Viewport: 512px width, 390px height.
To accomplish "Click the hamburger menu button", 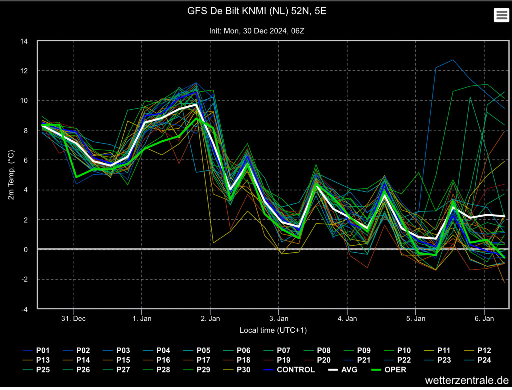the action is click(501, 15).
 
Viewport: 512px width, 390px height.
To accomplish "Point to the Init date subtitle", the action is click(257, 31).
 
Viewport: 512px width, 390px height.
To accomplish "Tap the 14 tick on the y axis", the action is click(24, 41).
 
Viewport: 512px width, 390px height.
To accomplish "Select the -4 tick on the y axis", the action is click(24, 309).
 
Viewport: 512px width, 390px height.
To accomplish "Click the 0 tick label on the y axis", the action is click(26, 250).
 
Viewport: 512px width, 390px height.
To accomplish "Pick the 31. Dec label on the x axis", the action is click(73, 319).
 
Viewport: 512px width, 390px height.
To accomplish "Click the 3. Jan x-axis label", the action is click(279, 319).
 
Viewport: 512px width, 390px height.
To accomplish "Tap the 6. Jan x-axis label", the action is click(484, 319).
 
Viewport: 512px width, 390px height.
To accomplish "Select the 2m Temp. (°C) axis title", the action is click(11, 175).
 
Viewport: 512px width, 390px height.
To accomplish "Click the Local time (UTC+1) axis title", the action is click(273, 330).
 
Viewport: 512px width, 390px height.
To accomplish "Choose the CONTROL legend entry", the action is click(289, 370).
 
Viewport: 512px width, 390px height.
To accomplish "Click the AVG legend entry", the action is click(342, 370).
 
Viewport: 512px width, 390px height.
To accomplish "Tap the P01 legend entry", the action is click(36, 351).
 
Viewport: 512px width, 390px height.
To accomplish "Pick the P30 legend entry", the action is click(237, 370).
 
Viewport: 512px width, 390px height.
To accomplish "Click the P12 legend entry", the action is click(477, 351).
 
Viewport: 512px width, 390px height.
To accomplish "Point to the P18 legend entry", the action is click(237, 360).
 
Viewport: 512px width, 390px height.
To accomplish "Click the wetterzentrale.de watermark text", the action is click(467, 380).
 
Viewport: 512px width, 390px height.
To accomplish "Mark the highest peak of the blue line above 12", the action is click(453, 60).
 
